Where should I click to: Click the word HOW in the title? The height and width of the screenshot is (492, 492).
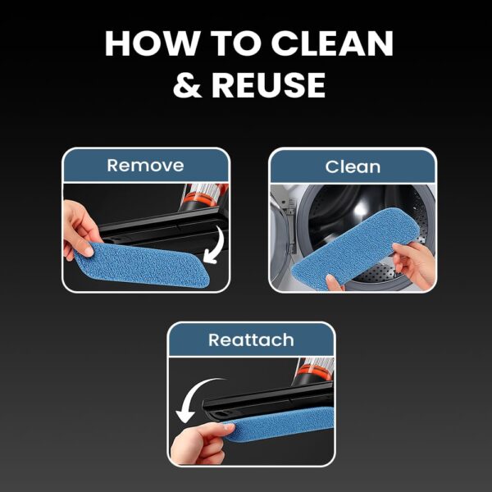tap(153, 43)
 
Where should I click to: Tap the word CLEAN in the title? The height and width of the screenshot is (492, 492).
tap(332, 43)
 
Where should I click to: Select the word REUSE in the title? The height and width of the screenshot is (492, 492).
tap(269, 84)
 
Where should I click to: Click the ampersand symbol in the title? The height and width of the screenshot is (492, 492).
tap(187, 84)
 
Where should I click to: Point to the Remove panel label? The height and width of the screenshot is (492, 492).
tap(145, 166)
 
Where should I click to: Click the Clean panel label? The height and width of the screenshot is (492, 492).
tap(353, 166)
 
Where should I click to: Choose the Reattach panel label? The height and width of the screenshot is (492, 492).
tap(251, 339)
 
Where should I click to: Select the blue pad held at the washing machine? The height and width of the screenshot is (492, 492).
tap(354, 248)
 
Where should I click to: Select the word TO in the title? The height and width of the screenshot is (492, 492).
tap(235, 43)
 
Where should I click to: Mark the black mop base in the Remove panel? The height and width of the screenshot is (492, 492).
tap(163, 229)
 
